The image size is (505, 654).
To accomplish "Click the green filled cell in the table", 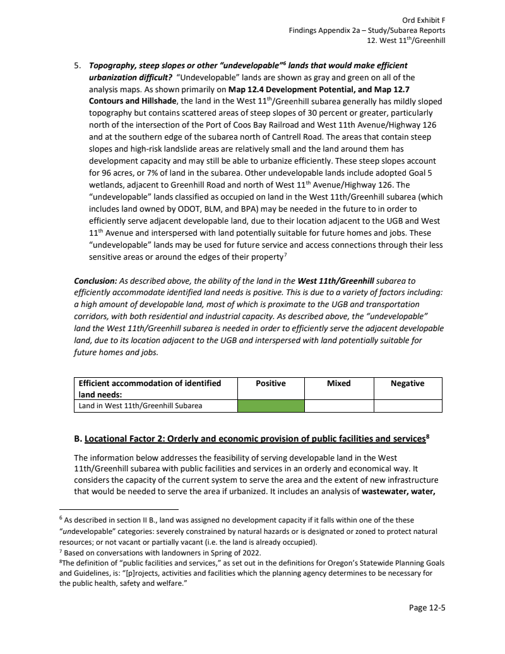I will pos(271,406).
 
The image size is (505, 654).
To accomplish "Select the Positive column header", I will pos(271,384).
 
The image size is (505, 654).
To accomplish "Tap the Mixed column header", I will pos(339,384).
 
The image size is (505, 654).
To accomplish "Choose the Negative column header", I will pos(408,384).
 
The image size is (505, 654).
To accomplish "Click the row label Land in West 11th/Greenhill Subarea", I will pos(140,406).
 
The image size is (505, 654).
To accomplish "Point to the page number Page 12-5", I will pos(427,609).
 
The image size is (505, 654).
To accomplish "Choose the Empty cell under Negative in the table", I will pos(408,406).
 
